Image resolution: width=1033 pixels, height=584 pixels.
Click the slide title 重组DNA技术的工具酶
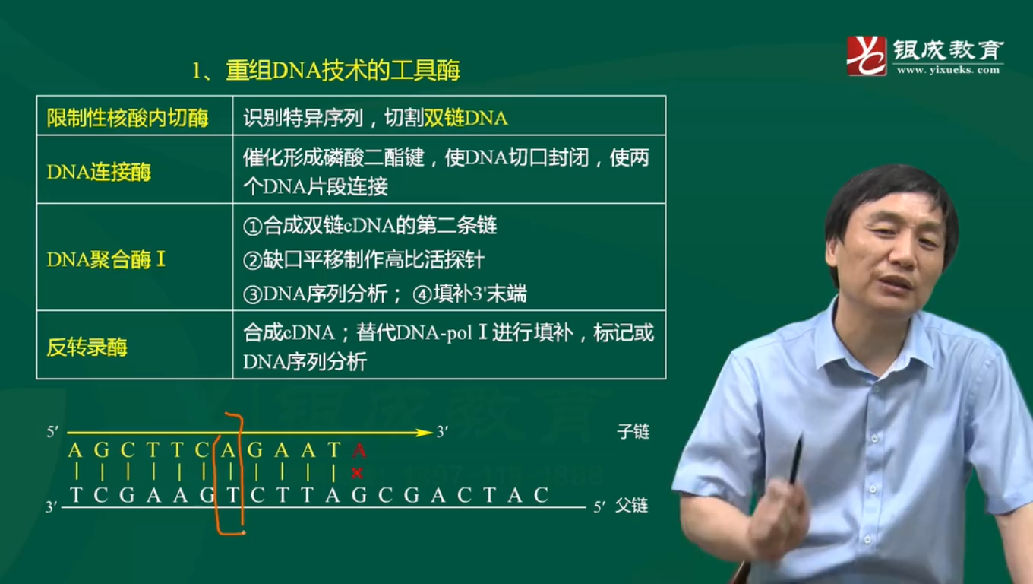pyautogui.click(x=326, y=71)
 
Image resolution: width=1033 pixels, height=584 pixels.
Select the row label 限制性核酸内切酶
pyautogui.click(x=128, y=118)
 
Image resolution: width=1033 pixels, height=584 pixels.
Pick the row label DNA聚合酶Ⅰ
pyautogui.click(x=106, y=260)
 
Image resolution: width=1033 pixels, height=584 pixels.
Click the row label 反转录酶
pyautogui.click(x=87, y=348)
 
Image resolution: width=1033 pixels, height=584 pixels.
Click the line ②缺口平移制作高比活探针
pyautogui.click(x=364, y=260)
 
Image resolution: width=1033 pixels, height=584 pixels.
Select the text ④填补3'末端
pyautogui.click(x=469, y=294)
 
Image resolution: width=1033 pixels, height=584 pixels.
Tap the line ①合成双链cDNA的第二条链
pyautogui.click(x=370, y=226)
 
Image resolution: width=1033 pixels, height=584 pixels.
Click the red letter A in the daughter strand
pyautogui.click(x=360, y=451)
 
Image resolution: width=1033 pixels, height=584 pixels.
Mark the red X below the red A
pyautogui.click(x=356, y=473)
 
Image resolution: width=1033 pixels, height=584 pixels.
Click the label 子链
pyautogui.click(x=633, y=432)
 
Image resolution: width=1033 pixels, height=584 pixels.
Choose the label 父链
pyautogui.click(x=631, y=506)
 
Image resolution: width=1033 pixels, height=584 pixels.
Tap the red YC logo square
pyautogui.click(x=867, y=56)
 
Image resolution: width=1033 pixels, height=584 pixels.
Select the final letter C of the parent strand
pyautogui.click(x=541, y=495)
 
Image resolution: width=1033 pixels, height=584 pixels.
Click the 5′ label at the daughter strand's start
pyautogui.click(x=52, y=432)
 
